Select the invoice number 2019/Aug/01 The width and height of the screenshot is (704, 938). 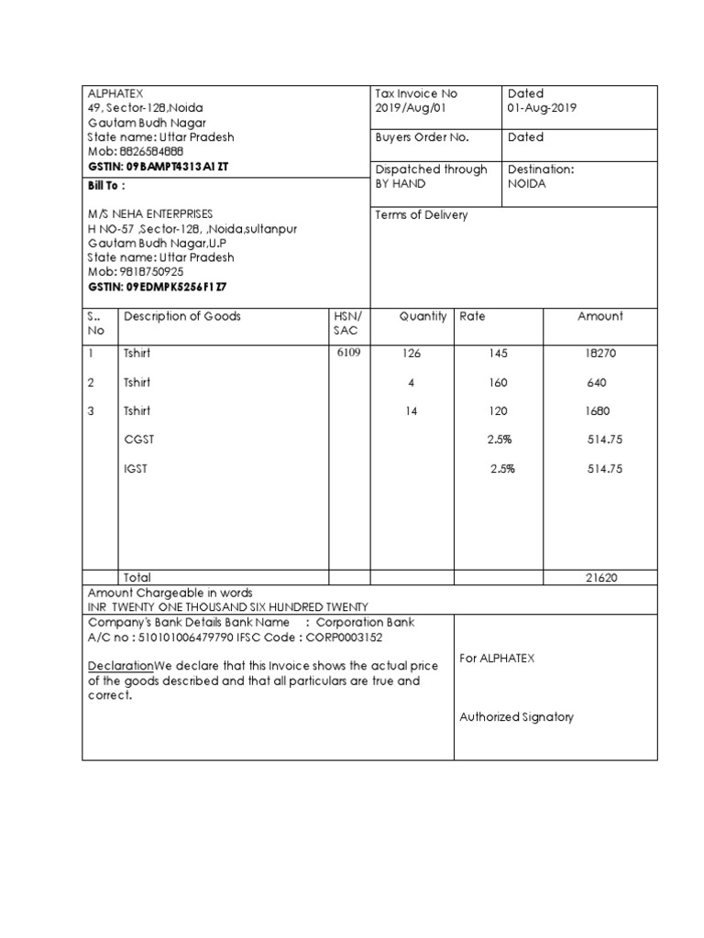click(411, 108)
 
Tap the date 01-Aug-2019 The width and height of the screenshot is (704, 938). click(542, 108)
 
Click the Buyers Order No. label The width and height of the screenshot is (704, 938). click(422, 137)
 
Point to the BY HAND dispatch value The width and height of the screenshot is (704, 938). click(401, 183)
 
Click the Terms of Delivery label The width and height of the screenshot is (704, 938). click(422, 215)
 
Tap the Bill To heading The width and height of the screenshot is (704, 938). click(104, 184)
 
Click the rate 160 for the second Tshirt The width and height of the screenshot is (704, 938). click(498, 383)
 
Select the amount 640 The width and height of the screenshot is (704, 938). click(598, 383)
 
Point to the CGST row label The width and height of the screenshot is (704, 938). click(139, 440)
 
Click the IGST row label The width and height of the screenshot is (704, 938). click(136, 469)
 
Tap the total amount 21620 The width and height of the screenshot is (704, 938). click(603, 577)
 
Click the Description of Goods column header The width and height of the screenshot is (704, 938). click(182, 316)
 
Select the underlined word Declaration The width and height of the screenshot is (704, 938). click(120, 665)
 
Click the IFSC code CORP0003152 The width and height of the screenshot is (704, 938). click(344, 638)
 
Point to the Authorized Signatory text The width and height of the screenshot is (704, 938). click(516, 717)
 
